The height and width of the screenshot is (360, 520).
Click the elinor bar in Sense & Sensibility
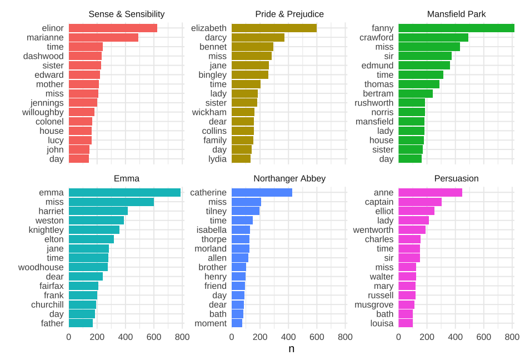pyautogui.click(x=113, y=28)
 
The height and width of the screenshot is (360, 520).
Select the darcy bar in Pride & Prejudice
pyautogui.click(x=258, y=38)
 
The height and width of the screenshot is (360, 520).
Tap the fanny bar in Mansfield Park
pyautogui.click(x=456, y=28)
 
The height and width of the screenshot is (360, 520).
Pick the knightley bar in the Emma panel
pyautogui.click(x=94, y=230)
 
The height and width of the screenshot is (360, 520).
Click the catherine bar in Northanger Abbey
pyautogui.click(x=262, y=193)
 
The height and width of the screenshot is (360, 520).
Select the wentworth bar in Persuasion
pyautogui.click(x=412, y=230)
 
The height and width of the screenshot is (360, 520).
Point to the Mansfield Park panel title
pyautogui.click(x=456, y=14)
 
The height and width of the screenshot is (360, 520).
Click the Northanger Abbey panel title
pyautogui.click(x=289, y=178)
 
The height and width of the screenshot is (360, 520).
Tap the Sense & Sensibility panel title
pyautogui.click(x=127, y=14)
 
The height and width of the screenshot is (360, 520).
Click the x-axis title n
pyautogui.click(x=291, y=349)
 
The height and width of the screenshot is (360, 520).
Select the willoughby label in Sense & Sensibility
pyautogui.click(x=43, y=112)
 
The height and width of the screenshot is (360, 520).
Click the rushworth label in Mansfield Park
pyautogui.click(x=374, y=103)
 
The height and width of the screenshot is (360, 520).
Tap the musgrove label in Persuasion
pyautogui.click(x=374, y=304)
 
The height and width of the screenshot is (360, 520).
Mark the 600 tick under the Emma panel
pyautogui.click(x=154, y=337)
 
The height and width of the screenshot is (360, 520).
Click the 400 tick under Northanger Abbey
pyautogui.click(x=288, y=337)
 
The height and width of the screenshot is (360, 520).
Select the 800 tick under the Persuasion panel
pyautogui.click(x=512, y=337)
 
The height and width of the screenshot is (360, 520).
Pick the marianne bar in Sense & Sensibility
pyautogui.click(x=103, y=38)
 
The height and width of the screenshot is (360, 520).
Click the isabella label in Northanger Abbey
pyautogui.click(x=211, y=230)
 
